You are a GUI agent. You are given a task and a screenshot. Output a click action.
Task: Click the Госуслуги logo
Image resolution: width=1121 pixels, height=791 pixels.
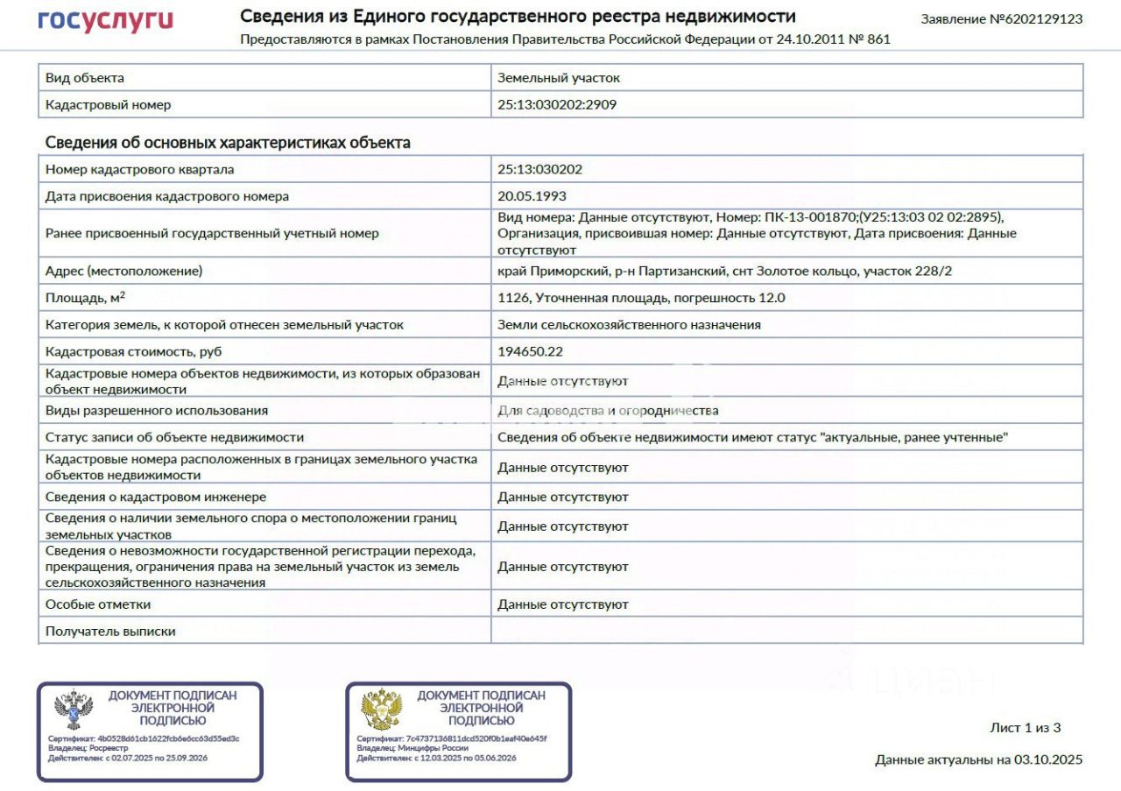(105, 21)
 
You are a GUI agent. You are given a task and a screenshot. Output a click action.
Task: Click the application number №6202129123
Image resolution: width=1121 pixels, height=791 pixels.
(1001, 18)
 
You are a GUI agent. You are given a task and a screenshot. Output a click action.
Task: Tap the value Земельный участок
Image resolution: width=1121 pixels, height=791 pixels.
(559, 78)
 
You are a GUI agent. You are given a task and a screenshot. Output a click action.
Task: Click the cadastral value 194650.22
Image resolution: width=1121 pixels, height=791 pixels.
(531, 351)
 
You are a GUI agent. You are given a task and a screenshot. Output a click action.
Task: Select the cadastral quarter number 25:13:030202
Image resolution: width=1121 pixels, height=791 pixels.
(539, 170)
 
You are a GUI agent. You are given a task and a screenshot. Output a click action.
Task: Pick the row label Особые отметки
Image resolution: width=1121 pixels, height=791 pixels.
(98, 604)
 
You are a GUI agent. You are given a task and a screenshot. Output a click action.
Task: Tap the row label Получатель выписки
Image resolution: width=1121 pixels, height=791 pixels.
(110, 631)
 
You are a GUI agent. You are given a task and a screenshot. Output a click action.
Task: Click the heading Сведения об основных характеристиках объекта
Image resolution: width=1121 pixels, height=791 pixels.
(228, 143)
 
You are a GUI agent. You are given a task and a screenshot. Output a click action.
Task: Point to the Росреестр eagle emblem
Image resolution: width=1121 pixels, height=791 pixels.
(74, 710)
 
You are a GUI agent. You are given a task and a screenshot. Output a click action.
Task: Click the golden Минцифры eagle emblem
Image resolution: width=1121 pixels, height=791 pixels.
(382, 710)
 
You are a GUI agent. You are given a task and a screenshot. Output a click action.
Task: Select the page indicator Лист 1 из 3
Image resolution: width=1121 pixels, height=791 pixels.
(1025, 727)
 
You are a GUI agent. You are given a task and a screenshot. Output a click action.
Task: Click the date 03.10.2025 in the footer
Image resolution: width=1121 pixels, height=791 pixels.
(1048, 759)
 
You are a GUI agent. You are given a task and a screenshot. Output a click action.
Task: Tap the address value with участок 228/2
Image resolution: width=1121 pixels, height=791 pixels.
(724, 272)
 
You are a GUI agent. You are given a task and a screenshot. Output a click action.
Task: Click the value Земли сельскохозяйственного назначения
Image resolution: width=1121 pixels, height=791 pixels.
(629, 325)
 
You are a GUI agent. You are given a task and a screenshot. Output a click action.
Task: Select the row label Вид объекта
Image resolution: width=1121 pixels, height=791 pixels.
(85, 78)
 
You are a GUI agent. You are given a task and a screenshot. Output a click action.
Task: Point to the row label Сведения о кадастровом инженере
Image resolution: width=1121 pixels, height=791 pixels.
(155, 497)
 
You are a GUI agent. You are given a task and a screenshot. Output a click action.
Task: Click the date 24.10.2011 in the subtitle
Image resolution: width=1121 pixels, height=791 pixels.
(809, 39)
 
